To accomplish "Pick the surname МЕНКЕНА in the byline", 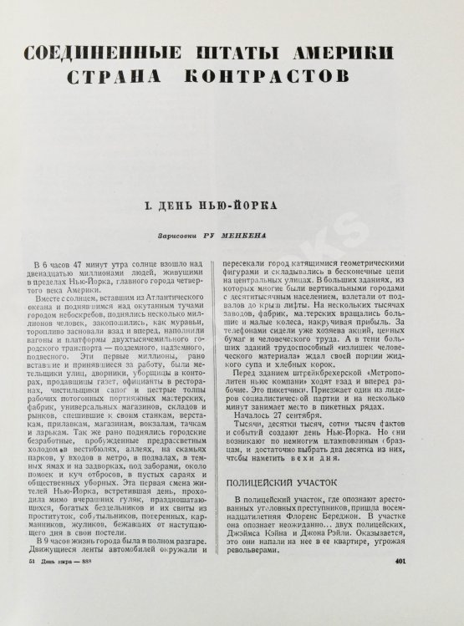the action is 245,236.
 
